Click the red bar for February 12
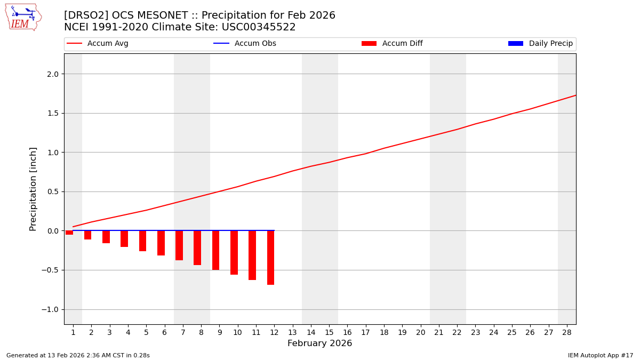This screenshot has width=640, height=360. (270, 258)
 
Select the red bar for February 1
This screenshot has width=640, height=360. (69, 233)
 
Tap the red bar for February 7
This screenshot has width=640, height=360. (179, 245)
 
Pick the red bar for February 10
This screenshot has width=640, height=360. (234, 252)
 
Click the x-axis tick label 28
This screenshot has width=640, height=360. (567, 332)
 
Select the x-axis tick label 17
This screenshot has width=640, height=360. (365, 332)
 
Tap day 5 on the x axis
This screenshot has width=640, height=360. (146, 332)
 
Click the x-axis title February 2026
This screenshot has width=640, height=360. (319, 343)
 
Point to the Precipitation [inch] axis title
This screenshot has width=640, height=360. (33, 189)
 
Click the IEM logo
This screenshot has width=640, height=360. (23, 17)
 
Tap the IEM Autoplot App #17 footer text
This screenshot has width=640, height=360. (600, 355)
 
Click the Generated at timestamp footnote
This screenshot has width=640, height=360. (78, 355)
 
